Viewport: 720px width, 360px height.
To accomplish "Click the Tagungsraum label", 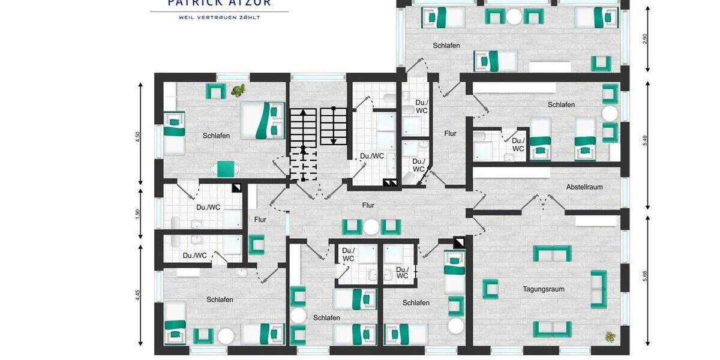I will pyautogui.click(x=543, y=289).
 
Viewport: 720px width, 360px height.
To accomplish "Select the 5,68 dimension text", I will pyautogui.click(x=645, y=277).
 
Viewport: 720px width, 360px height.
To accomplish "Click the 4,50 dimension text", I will pyautogui.click(x=138, y=136).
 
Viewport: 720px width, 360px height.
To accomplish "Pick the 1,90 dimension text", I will pyautogui.click(x=138, y=214).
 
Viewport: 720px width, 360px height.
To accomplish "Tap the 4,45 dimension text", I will pyautogui.click(x=138, y=295).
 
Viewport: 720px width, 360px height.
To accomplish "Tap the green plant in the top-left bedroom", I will pyautogui.click(x=238, y=91).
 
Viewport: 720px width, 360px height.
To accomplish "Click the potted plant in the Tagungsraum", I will pyautogui.click(x=610, y=337).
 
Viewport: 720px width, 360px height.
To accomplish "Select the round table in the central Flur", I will pyautogui.click(x=371, y=227).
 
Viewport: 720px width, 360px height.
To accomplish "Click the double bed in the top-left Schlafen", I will pyautogui.click(x=262, y=120).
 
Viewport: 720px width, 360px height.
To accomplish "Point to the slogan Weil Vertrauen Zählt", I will pyautogui.click(x=219, y=17).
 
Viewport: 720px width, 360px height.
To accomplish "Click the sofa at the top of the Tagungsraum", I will pyautogui.click(x=552, y=254).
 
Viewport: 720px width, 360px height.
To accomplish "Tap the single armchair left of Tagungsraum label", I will pyautogui.click(x=490, y=289).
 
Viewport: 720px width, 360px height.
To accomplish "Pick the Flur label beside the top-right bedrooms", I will pyautogui.click(x=450, y=134).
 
